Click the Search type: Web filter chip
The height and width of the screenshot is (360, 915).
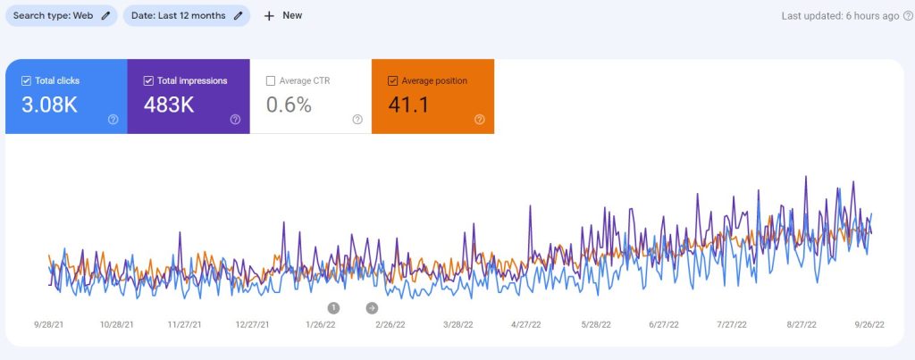(x=61, y=15)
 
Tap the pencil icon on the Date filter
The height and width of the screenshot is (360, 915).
(x=238, y=15)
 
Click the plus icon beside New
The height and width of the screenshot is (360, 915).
(x=269, y=16)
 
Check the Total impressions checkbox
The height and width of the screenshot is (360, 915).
(x=148, y=80)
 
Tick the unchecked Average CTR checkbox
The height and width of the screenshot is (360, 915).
(x=271, y=80)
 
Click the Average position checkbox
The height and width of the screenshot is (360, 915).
(x=393, y=80)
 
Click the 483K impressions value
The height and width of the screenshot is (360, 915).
(x=169, y=105)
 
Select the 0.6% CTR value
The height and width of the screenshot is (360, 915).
(x=289, y=105)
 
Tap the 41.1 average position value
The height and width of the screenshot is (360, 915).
(x=408, y=105)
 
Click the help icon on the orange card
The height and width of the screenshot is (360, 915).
(x=479, y=119)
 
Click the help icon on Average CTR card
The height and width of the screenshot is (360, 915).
(x=357, y=119)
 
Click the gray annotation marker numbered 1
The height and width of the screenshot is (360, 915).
(x=333, y=307)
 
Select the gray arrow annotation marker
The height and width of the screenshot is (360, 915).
(x=372, y=307)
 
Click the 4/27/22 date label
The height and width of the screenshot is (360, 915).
(x=527, y=326)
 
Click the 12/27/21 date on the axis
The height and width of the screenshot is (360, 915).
(x=252, y=326)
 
